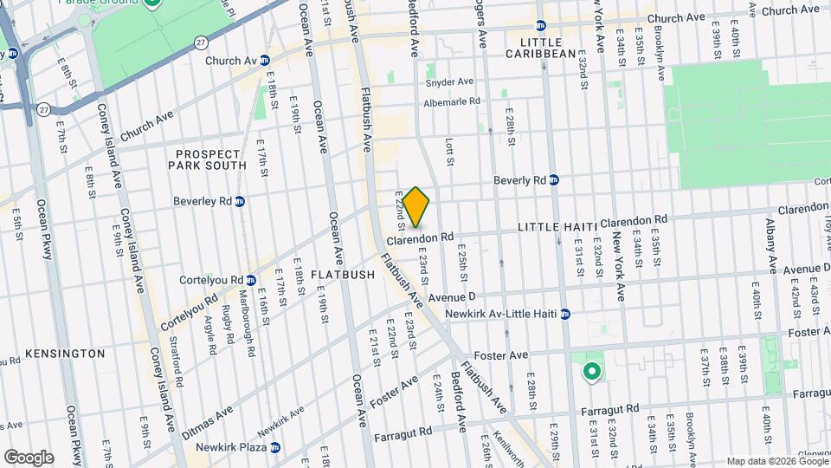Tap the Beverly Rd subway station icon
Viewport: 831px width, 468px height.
[x=554, y=180]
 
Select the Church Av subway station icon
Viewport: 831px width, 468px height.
[x=266, y=61]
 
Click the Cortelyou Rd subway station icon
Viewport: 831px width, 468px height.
[x=250, y=281]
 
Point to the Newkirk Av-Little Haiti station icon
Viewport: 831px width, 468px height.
[x=564, y=314]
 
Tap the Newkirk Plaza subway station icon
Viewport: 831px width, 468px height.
[x=276, y=448]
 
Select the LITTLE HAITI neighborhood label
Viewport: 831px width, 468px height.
[x=557, y=226]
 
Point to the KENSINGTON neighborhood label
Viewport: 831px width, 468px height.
[x=65, y=354]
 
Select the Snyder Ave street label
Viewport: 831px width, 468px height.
[x=449, y=82]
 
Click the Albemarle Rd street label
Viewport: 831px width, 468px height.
[x=451, y=101]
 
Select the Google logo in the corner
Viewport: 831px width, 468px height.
[x=29, y=457]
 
